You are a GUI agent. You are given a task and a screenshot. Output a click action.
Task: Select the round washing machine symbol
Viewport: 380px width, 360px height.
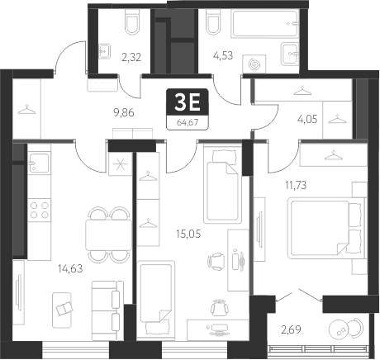tap(254, 63)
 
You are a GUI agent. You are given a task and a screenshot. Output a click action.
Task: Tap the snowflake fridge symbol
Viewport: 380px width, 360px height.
tap(121, 162)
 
